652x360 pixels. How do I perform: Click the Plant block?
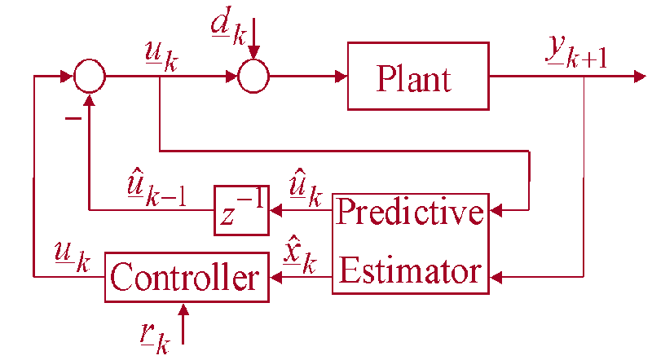[418, 78]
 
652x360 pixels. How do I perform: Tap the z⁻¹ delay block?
[241, 211]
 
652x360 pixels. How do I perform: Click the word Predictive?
[410, 214]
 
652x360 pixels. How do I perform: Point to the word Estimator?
[410, 270]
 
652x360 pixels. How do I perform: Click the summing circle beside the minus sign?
[90, 78]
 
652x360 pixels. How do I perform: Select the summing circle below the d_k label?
[253, 78]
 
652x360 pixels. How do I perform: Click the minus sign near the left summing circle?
[73, 118]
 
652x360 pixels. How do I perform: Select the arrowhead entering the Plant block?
[341, 78]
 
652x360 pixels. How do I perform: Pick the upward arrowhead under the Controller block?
[185, 310]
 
